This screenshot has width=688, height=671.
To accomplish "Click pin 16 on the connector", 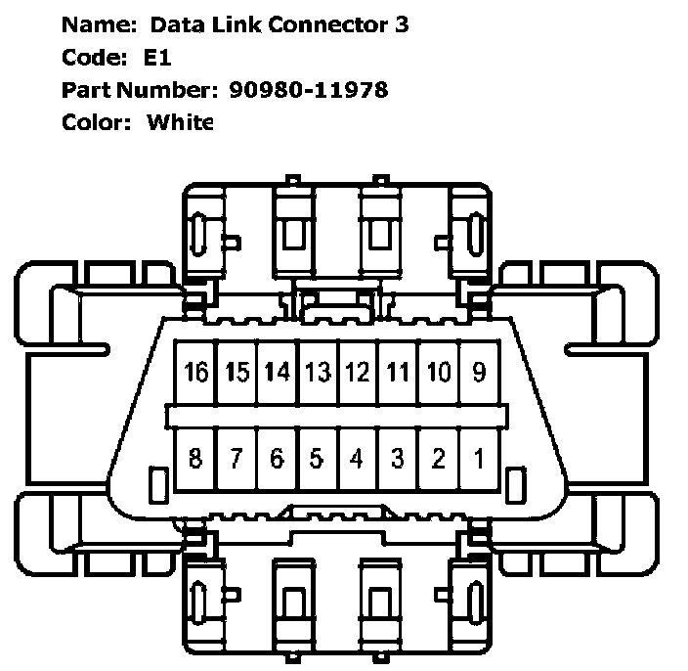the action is (x=196, y=373).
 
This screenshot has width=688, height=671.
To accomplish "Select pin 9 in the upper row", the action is (x=479, y=373).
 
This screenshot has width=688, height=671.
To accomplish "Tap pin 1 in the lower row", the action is (x=479, y=458).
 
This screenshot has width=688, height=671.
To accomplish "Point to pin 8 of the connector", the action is (x=196, y=458).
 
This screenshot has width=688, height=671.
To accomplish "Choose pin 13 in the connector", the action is (x=318, y=373).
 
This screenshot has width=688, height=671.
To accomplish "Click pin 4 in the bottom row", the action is (x=358, y=458).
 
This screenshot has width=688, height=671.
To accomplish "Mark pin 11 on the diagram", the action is (x=398, y=373).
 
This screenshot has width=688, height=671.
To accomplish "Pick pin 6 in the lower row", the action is (x=278, y=458).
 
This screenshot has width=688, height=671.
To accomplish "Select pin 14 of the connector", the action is (x=278, y=373).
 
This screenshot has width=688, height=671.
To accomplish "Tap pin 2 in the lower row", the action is (x=439, y=458).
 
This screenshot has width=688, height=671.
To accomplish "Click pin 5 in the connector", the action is (x=318, y=458).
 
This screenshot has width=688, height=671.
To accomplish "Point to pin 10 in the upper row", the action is (x=439, y=373).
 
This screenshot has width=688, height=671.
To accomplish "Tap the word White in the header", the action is (x=180, y=122).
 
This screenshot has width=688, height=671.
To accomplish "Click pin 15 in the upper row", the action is (x=237, y=373).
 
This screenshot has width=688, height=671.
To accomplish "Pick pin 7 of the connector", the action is (x=237, y=458).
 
